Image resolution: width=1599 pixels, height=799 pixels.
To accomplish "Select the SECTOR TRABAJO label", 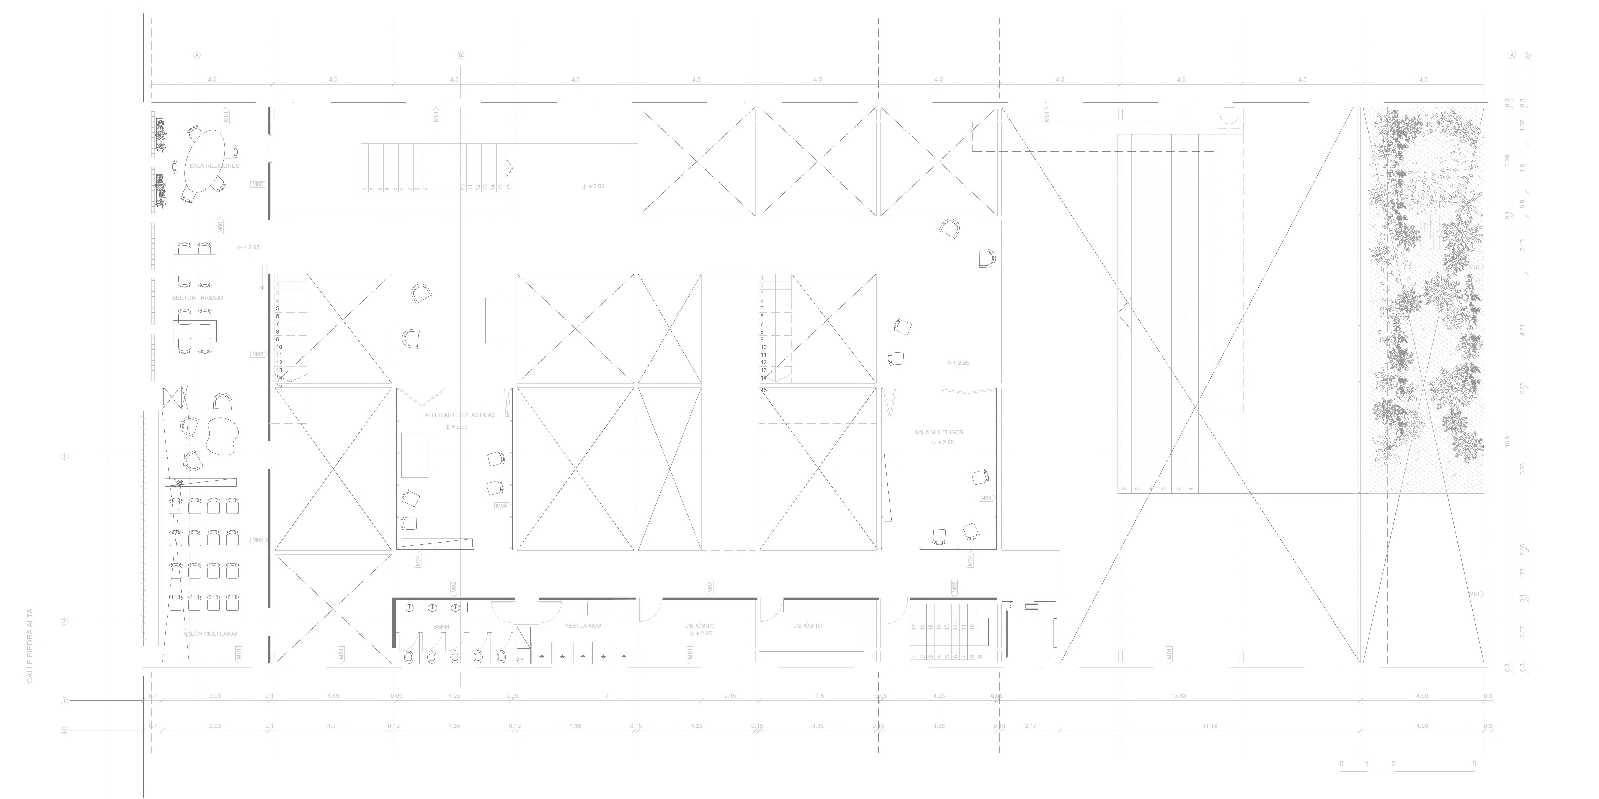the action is pyautogui.click(x=197, y=298).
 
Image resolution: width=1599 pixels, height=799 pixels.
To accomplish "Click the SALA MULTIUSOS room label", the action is pyautogui.click(x=939, y=432).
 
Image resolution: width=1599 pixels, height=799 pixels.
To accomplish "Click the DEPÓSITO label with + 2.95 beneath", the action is pyautogui.click(x=700, y=626).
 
